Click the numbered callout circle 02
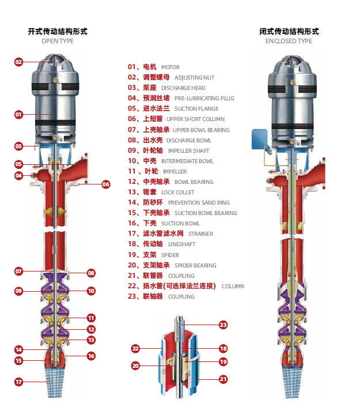[x=18, y=62]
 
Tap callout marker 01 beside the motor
[x=18, y=114]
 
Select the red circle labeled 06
[x=105, y=184]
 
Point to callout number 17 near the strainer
[x=18, y=381]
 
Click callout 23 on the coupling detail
[x=223, y=325]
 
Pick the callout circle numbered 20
[x=136, y=365]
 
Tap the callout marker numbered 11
[x=91, y=318]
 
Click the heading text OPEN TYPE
[x=58, y=41]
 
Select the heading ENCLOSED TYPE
[x=289, y=41]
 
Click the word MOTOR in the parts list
[x=170, y=67]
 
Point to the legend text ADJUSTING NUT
[x=194, y=78]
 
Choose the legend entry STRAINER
[x=200, y=234]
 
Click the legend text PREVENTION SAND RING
[x=199, y=203]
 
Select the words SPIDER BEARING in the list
[x=195, y=266]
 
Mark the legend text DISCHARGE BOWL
[x=188, y=141]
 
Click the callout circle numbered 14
[x=18, y=349]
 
